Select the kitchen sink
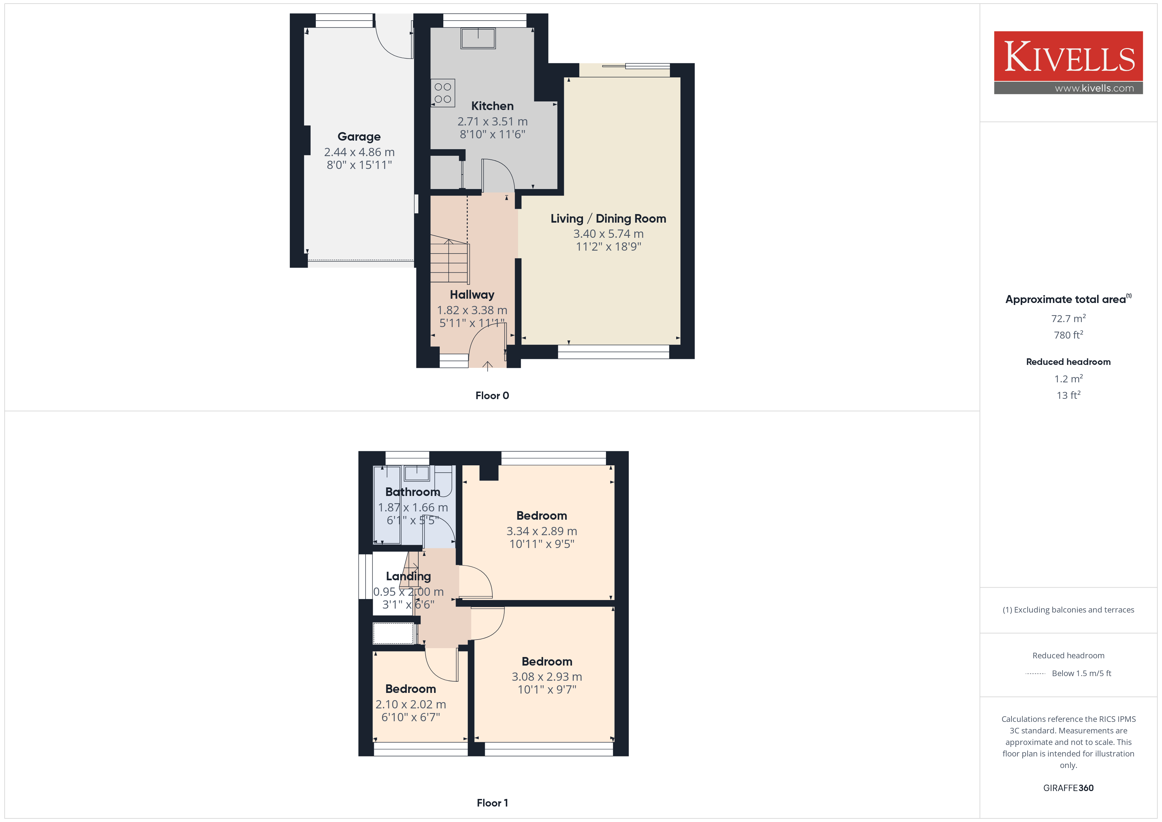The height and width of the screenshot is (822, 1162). coord(478,39)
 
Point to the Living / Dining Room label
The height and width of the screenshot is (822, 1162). coord(608,219)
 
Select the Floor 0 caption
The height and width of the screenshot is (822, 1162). coord(492,396)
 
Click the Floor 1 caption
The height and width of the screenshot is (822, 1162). coord(492,803)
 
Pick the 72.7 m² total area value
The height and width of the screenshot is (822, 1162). coord(1068,318)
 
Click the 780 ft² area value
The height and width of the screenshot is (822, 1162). coord(1068,335)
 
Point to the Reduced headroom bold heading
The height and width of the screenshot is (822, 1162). coord(1068,362)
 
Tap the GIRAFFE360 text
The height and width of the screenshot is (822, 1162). coord(1068,788)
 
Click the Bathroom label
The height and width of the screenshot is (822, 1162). coord(412,492)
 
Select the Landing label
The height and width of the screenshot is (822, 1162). coord(408,577)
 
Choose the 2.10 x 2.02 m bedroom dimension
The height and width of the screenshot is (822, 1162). coord(410,704)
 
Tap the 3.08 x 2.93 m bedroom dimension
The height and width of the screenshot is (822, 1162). coord(547,677)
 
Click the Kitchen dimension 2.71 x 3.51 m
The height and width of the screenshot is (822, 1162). coord(492,122)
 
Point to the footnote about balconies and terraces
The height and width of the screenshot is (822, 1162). coord(1068,610)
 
